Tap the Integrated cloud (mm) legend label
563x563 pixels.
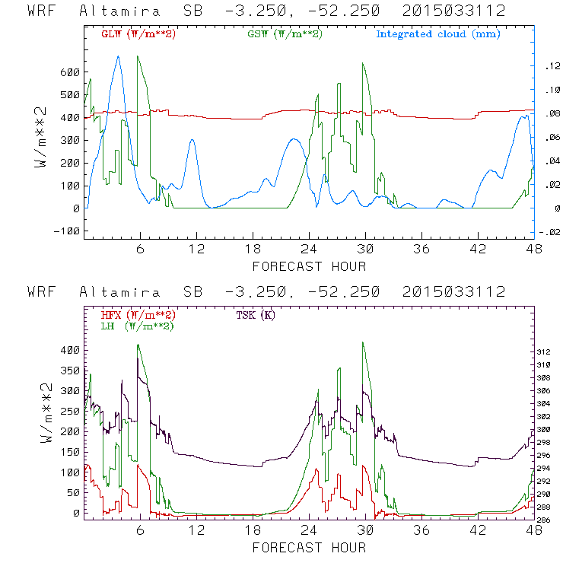coord(438,34)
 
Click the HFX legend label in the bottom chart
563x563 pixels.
coord(138,315)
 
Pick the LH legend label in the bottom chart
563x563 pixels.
coord(137,326)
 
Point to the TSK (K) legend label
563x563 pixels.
coord(256,315)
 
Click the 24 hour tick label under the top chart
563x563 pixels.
coord(309,249)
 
